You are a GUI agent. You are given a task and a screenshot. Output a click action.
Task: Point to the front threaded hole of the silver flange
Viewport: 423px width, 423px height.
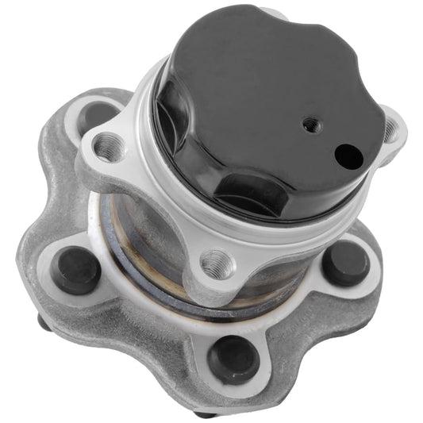point(215,262)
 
